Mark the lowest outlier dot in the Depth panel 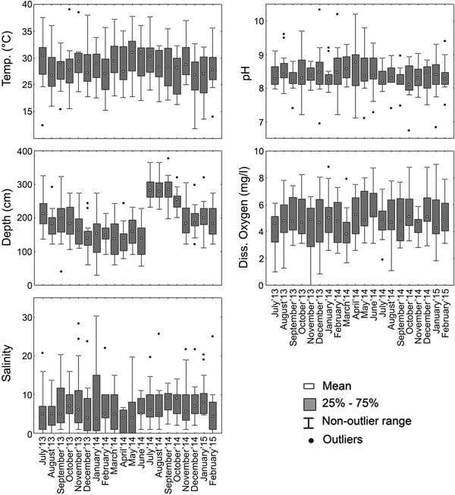click(x=61, y=271)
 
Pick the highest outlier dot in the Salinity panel click(x=77, y=324)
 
